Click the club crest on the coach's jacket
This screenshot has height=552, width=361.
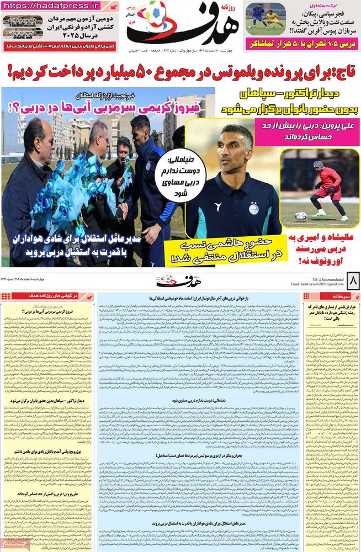click(253, 209)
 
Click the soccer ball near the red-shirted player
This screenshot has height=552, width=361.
click(300, 216)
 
